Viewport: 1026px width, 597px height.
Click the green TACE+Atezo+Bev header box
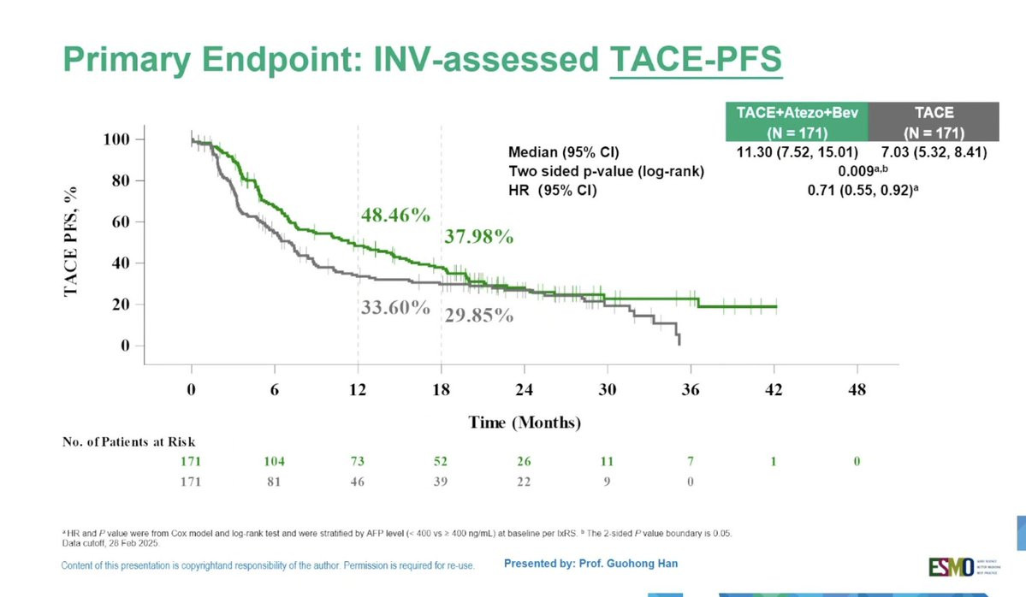[x=797, y=121]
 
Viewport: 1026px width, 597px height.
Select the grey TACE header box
[x=934, y=121]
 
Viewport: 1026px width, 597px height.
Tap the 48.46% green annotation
[x=394, y=216]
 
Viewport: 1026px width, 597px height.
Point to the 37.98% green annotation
[x=478, y=237]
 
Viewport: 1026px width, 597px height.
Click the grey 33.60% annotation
[x=394, y=308]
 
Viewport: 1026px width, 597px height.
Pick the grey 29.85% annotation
[x=478, y=315]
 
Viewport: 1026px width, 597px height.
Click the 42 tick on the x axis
[x=774, y=389]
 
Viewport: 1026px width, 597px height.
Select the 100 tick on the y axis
[x=112, y=139]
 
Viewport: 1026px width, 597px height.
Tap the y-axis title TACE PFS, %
[x=72, y=241]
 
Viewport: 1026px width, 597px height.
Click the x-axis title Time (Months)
[x=525, y=423]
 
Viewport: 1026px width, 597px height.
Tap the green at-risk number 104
[x=274, y=462]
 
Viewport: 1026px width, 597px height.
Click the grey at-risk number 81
[x=274, y=482]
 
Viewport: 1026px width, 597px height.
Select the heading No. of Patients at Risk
[x=128, y=442]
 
